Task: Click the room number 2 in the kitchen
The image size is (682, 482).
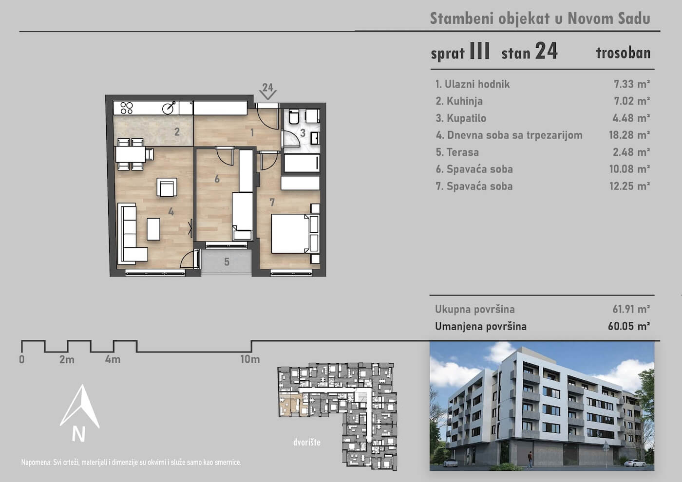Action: (177, 132)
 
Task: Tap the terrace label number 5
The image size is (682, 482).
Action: (227, 262)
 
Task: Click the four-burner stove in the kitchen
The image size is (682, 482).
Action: (127, 108)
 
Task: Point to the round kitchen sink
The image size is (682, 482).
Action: (169, 108)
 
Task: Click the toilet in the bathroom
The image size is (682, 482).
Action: (293, 116)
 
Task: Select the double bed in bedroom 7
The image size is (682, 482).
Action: (295, 234)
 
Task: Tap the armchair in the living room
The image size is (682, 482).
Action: (167, 187)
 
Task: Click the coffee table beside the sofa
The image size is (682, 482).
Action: (153, 229)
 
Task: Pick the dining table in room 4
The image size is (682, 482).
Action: (131, 154)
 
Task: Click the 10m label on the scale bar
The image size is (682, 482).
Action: (250, 359)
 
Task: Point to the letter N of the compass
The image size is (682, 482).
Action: (78, 434)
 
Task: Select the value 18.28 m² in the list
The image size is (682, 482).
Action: (629, 135)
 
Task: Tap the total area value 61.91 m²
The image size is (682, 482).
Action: (631, 309)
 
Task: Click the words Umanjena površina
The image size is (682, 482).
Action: (481, 326)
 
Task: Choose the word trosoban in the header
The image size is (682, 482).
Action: (623, 53)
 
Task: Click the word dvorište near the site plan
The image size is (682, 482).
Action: (307, 442)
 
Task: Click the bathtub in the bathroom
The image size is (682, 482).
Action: (302, 163)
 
